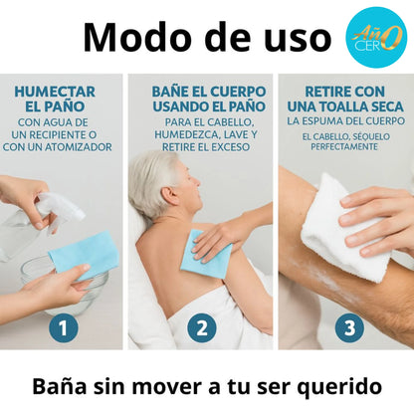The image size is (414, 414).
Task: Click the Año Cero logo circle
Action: point(376,38)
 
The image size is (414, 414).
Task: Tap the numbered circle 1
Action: point(64,327)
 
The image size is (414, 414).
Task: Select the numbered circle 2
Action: point(202,327)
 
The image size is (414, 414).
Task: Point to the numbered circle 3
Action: point(349,327)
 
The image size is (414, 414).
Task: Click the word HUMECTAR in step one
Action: point(55,92)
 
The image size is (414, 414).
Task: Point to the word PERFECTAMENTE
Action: point(344,146)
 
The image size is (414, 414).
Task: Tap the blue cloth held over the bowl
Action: point(86,255)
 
